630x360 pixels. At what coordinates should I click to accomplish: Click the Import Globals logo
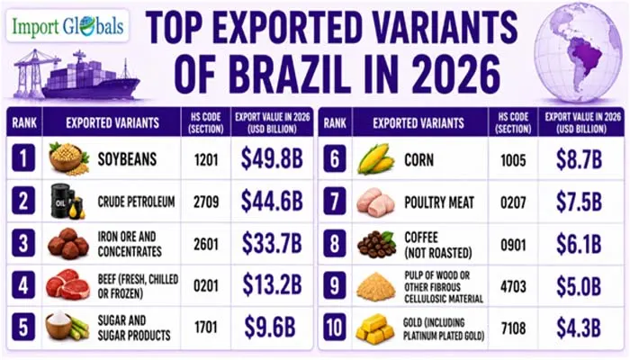click(x=67, y=26)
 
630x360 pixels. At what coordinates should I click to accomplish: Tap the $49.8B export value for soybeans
click(x=272, y=158)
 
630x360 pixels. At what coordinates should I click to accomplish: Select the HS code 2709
click(x=206, y=202)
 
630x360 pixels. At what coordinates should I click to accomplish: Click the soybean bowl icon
click(x=68, y=158)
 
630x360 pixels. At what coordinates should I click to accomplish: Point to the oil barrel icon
click(x=67, y=202)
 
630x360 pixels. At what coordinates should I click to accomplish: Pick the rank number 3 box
click(x=23, y=243)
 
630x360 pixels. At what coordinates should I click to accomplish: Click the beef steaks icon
click(x=67, y=285)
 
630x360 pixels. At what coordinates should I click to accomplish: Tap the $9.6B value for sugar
click(x=270, y=327)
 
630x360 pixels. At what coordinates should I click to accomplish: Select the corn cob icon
click(x=375, y=158)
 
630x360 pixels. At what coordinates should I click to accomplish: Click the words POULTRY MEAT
click(x=439, y=202)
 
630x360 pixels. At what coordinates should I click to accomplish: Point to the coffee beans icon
click(x=376, y=244)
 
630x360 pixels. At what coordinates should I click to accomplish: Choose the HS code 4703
click(x=513, y=286)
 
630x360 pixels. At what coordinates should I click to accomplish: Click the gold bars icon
click(x=375, y=329)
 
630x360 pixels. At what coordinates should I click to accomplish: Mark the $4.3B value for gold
click(x=579, y=328)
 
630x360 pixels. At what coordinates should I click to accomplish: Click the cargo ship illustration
click(x=76, y=76)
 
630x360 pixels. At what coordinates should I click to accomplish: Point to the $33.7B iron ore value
click(x=272, y=243)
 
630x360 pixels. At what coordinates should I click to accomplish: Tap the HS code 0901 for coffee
click(x=513, y=245)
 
